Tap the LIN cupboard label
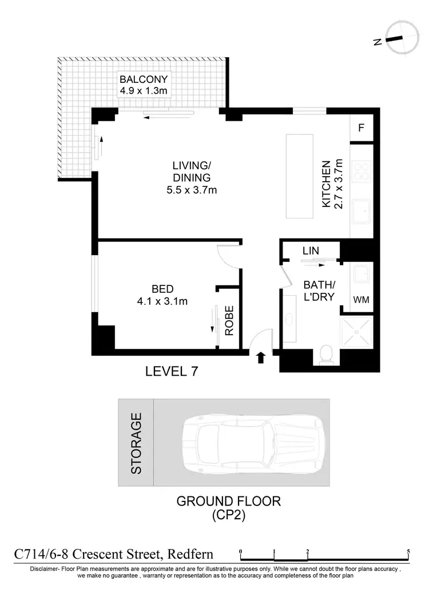point(311,250)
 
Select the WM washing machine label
point(361,299)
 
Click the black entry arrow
point(260,358)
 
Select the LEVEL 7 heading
point(172,372)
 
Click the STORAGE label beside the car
point(136,442)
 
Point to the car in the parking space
point(252,442)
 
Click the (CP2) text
point(228,516)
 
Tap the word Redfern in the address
point(189,554)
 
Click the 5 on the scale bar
point(408,551)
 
